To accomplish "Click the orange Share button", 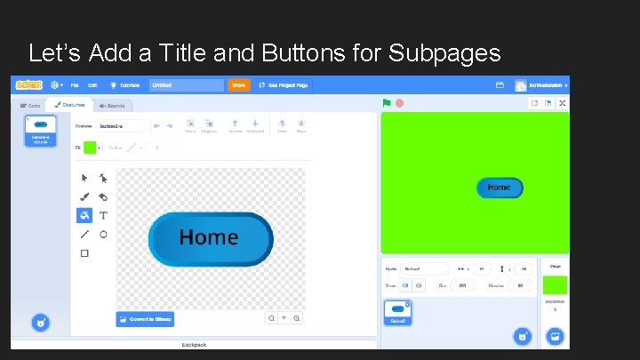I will point(238,85).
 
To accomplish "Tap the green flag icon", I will point(387,103).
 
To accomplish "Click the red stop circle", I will point(399,103).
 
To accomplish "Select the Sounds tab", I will point(112,105).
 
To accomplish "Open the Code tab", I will point(31,105).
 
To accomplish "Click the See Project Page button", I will point(283,85).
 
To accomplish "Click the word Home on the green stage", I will point(499,188).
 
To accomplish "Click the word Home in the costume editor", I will point(209,237).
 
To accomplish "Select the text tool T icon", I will point(103,215).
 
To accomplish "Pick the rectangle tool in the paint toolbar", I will point(84,253).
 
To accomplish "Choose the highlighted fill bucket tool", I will point(84,215).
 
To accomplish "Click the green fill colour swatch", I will point(90,148).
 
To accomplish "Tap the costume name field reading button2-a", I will point(120,126).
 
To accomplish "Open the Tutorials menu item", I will point(125,85).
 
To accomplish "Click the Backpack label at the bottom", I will point(194,344).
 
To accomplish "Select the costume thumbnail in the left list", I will point(40,131).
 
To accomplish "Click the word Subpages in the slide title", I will point(444,53).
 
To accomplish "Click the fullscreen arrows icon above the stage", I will point(562,103).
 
